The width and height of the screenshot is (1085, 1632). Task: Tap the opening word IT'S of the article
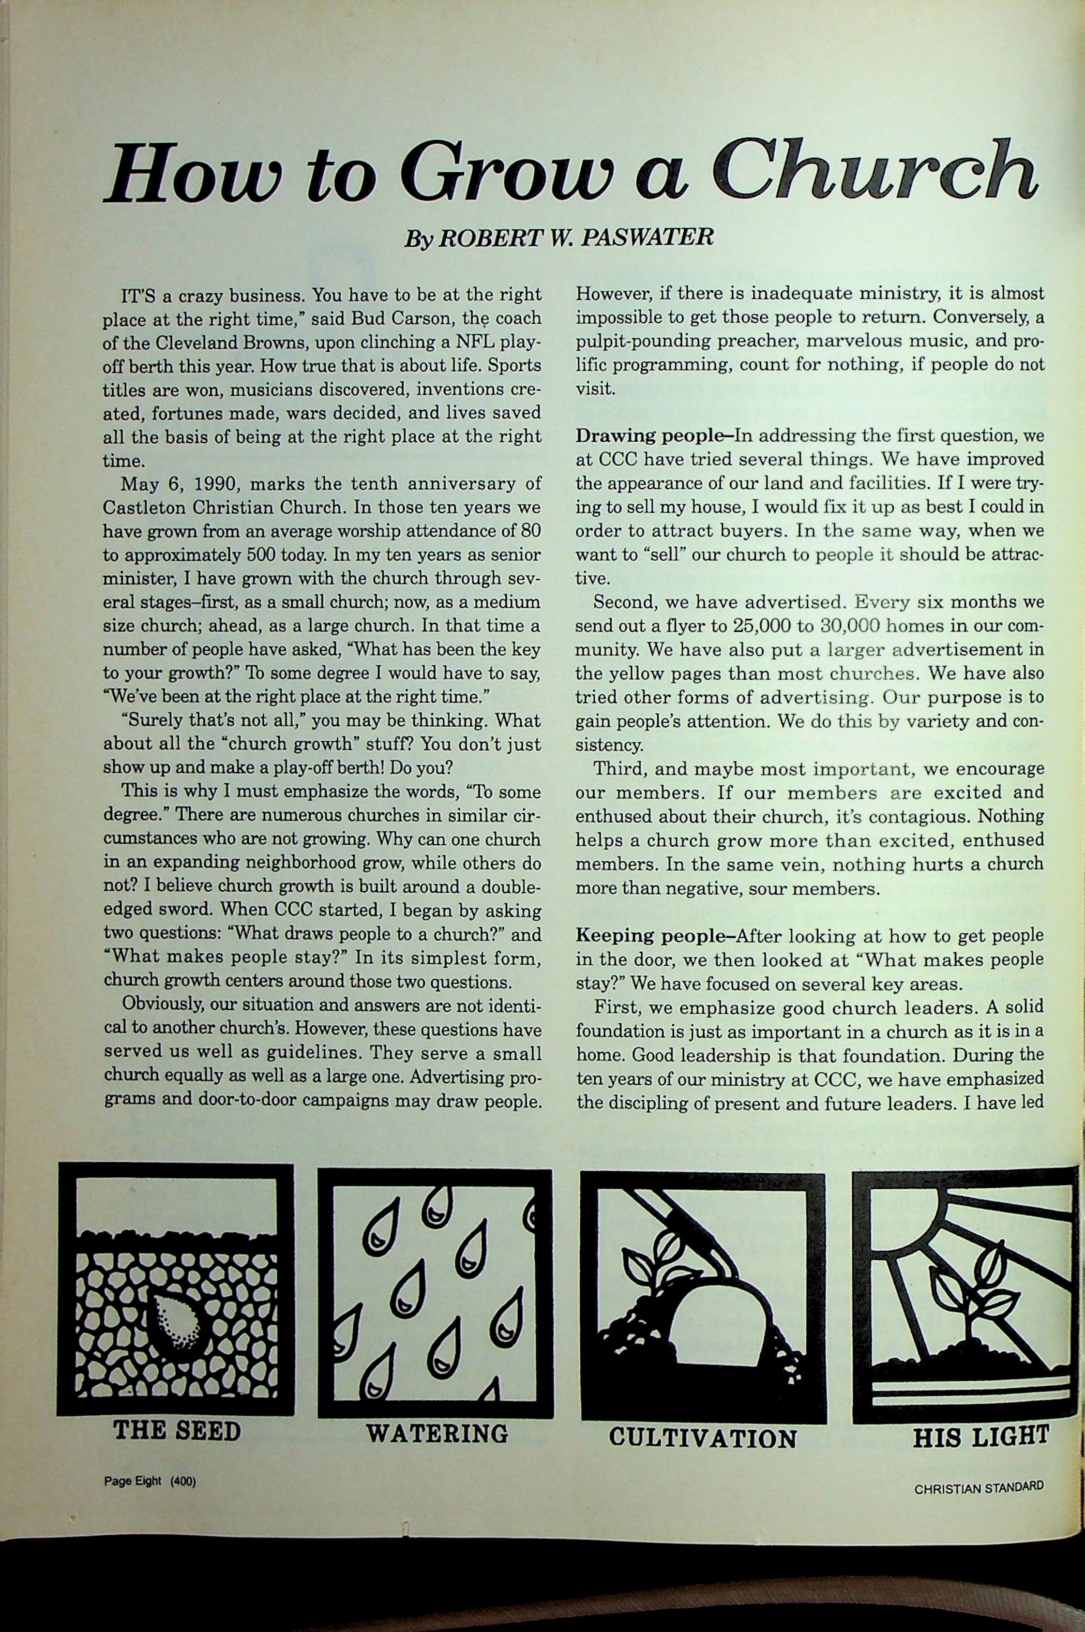coord(138,295)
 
